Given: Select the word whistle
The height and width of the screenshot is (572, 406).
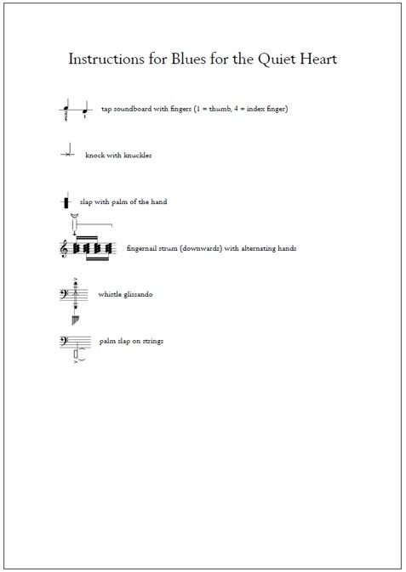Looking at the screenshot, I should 110,294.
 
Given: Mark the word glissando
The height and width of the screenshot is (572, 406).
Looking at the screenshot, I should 139,294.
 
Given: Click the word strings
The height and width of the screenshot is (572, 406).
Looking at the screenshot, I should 152,341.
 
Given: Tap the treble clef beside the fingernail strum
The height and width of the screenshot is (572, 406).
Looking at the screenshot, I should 64,248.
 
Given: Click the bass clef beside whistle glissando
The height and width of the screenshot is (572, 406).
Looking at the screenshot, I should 64,294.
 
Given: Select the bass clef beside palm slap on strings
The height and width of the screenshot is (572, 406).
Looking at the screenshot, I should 64,341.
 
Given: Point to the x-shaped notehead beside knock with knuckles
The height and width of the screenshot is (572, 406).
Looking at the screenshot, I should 67,155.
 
